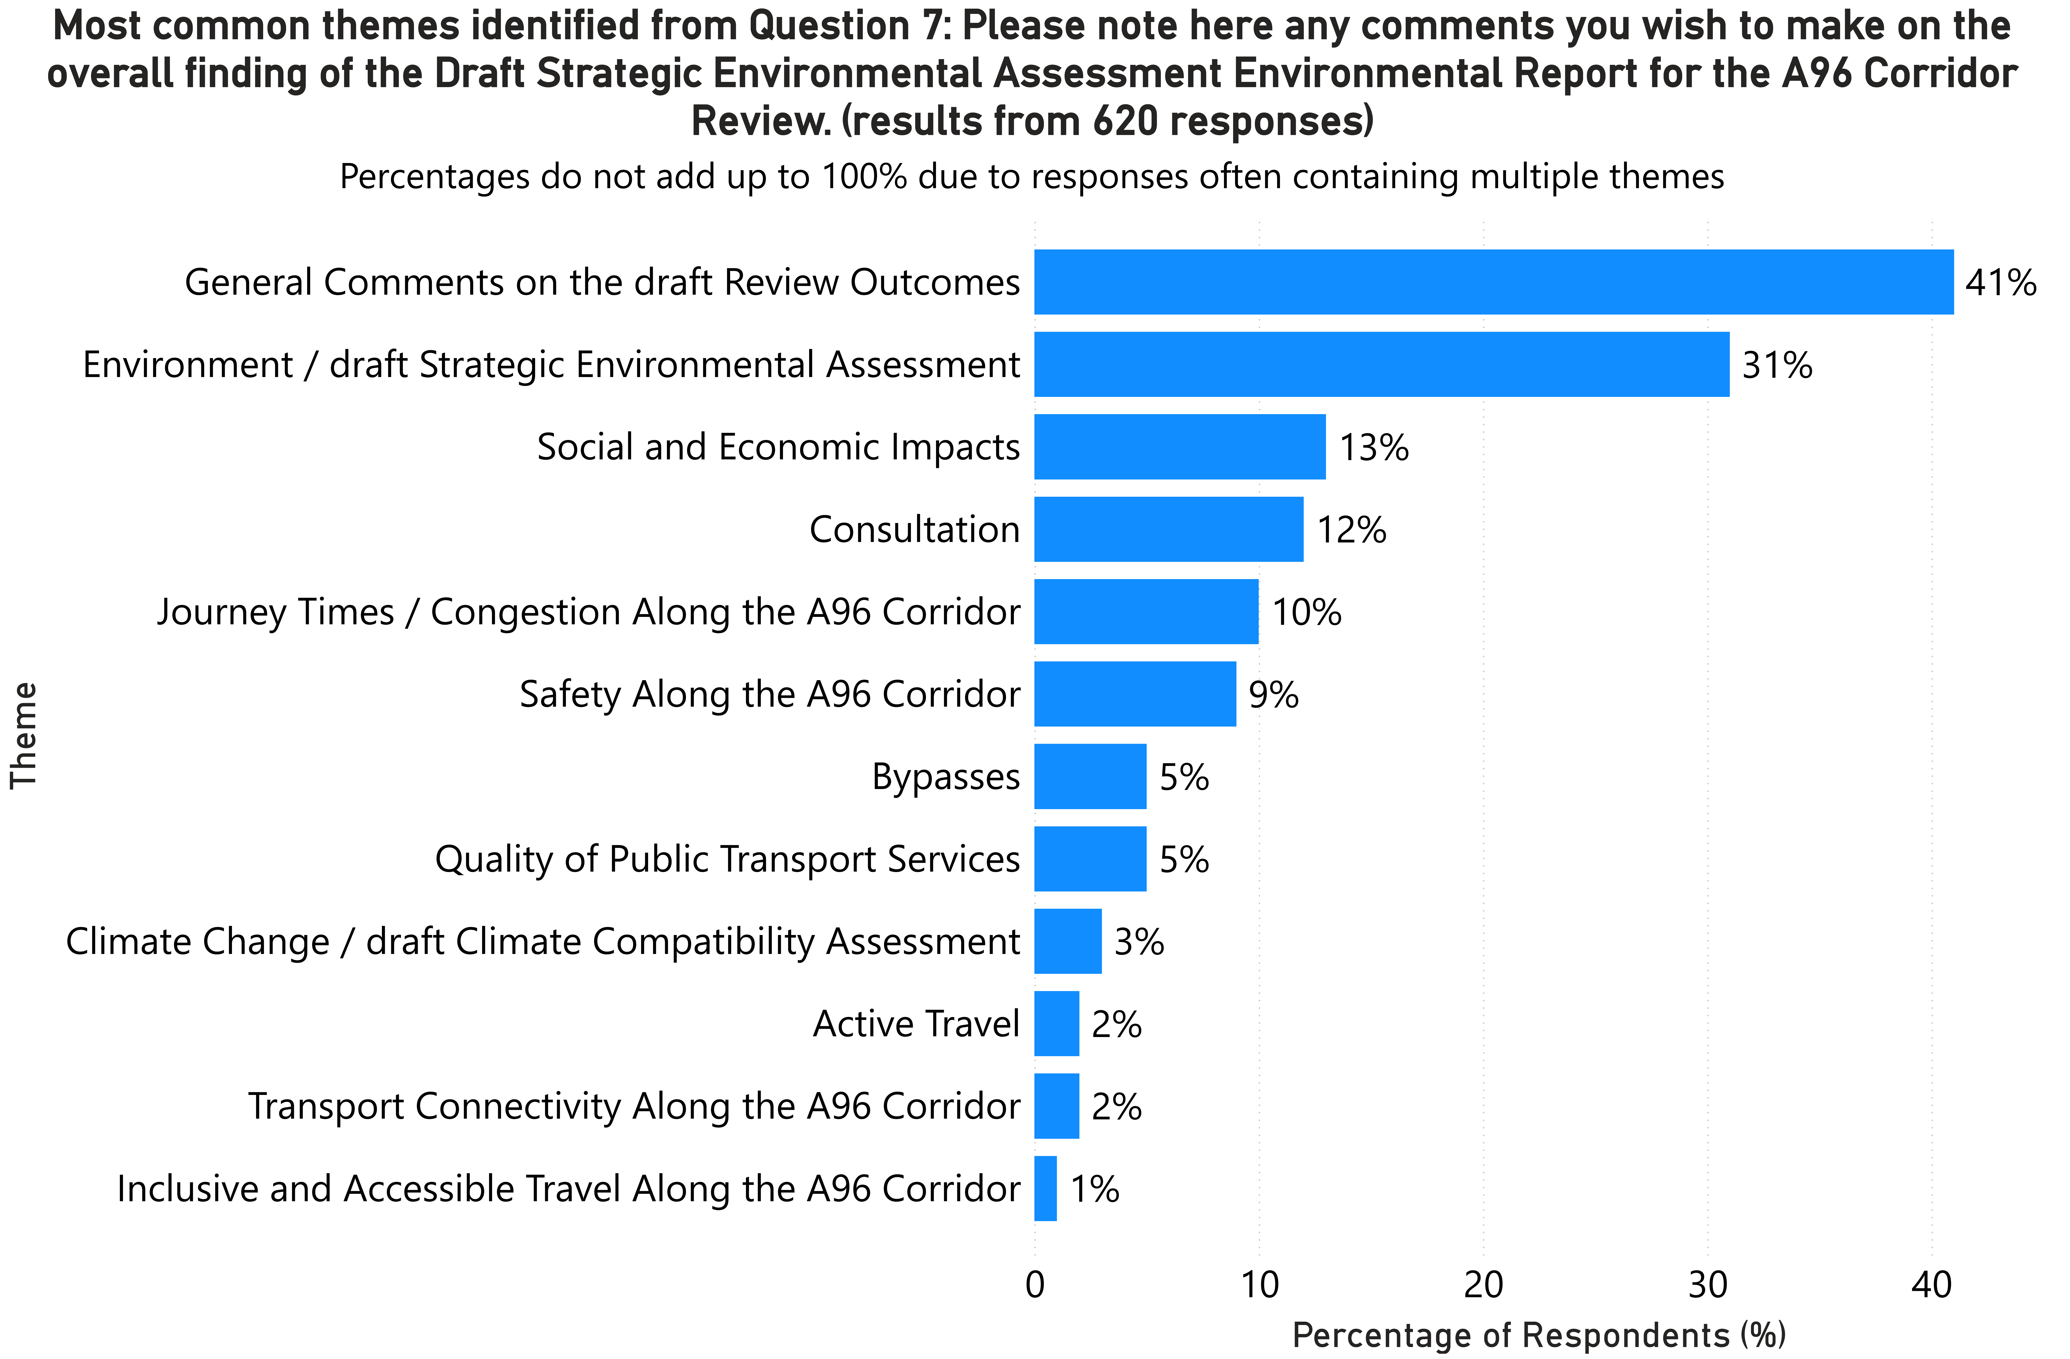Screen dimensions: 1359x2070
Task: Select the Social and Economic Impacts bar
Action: click(x=1179, y=447)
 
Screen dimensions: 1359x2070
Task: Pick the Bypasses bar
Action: click(x=1090, y=776)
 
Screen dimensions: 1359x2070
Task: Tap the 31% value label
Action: click(x=1777, y=365)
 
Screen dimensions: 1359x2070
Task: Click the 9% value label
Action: click(x=1273, y=695)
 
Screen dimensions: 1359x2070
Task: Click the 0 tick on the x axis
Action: click(x=1034, y=1284)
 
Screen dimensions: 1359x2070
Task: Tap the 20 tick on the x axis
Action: click(x=1483, y=1284)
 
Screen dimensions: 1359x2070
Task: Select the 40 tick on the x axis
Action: click(x=1932, y=1284)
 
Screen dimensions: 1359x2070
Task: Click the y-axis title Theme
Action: click(x=24, y=735)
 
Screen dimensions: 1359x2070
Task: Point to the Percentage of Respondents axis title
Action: click(x=1539, y=1335)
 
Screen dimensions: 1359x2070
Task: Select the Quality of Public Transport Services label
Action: click(x=727, y=859)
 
